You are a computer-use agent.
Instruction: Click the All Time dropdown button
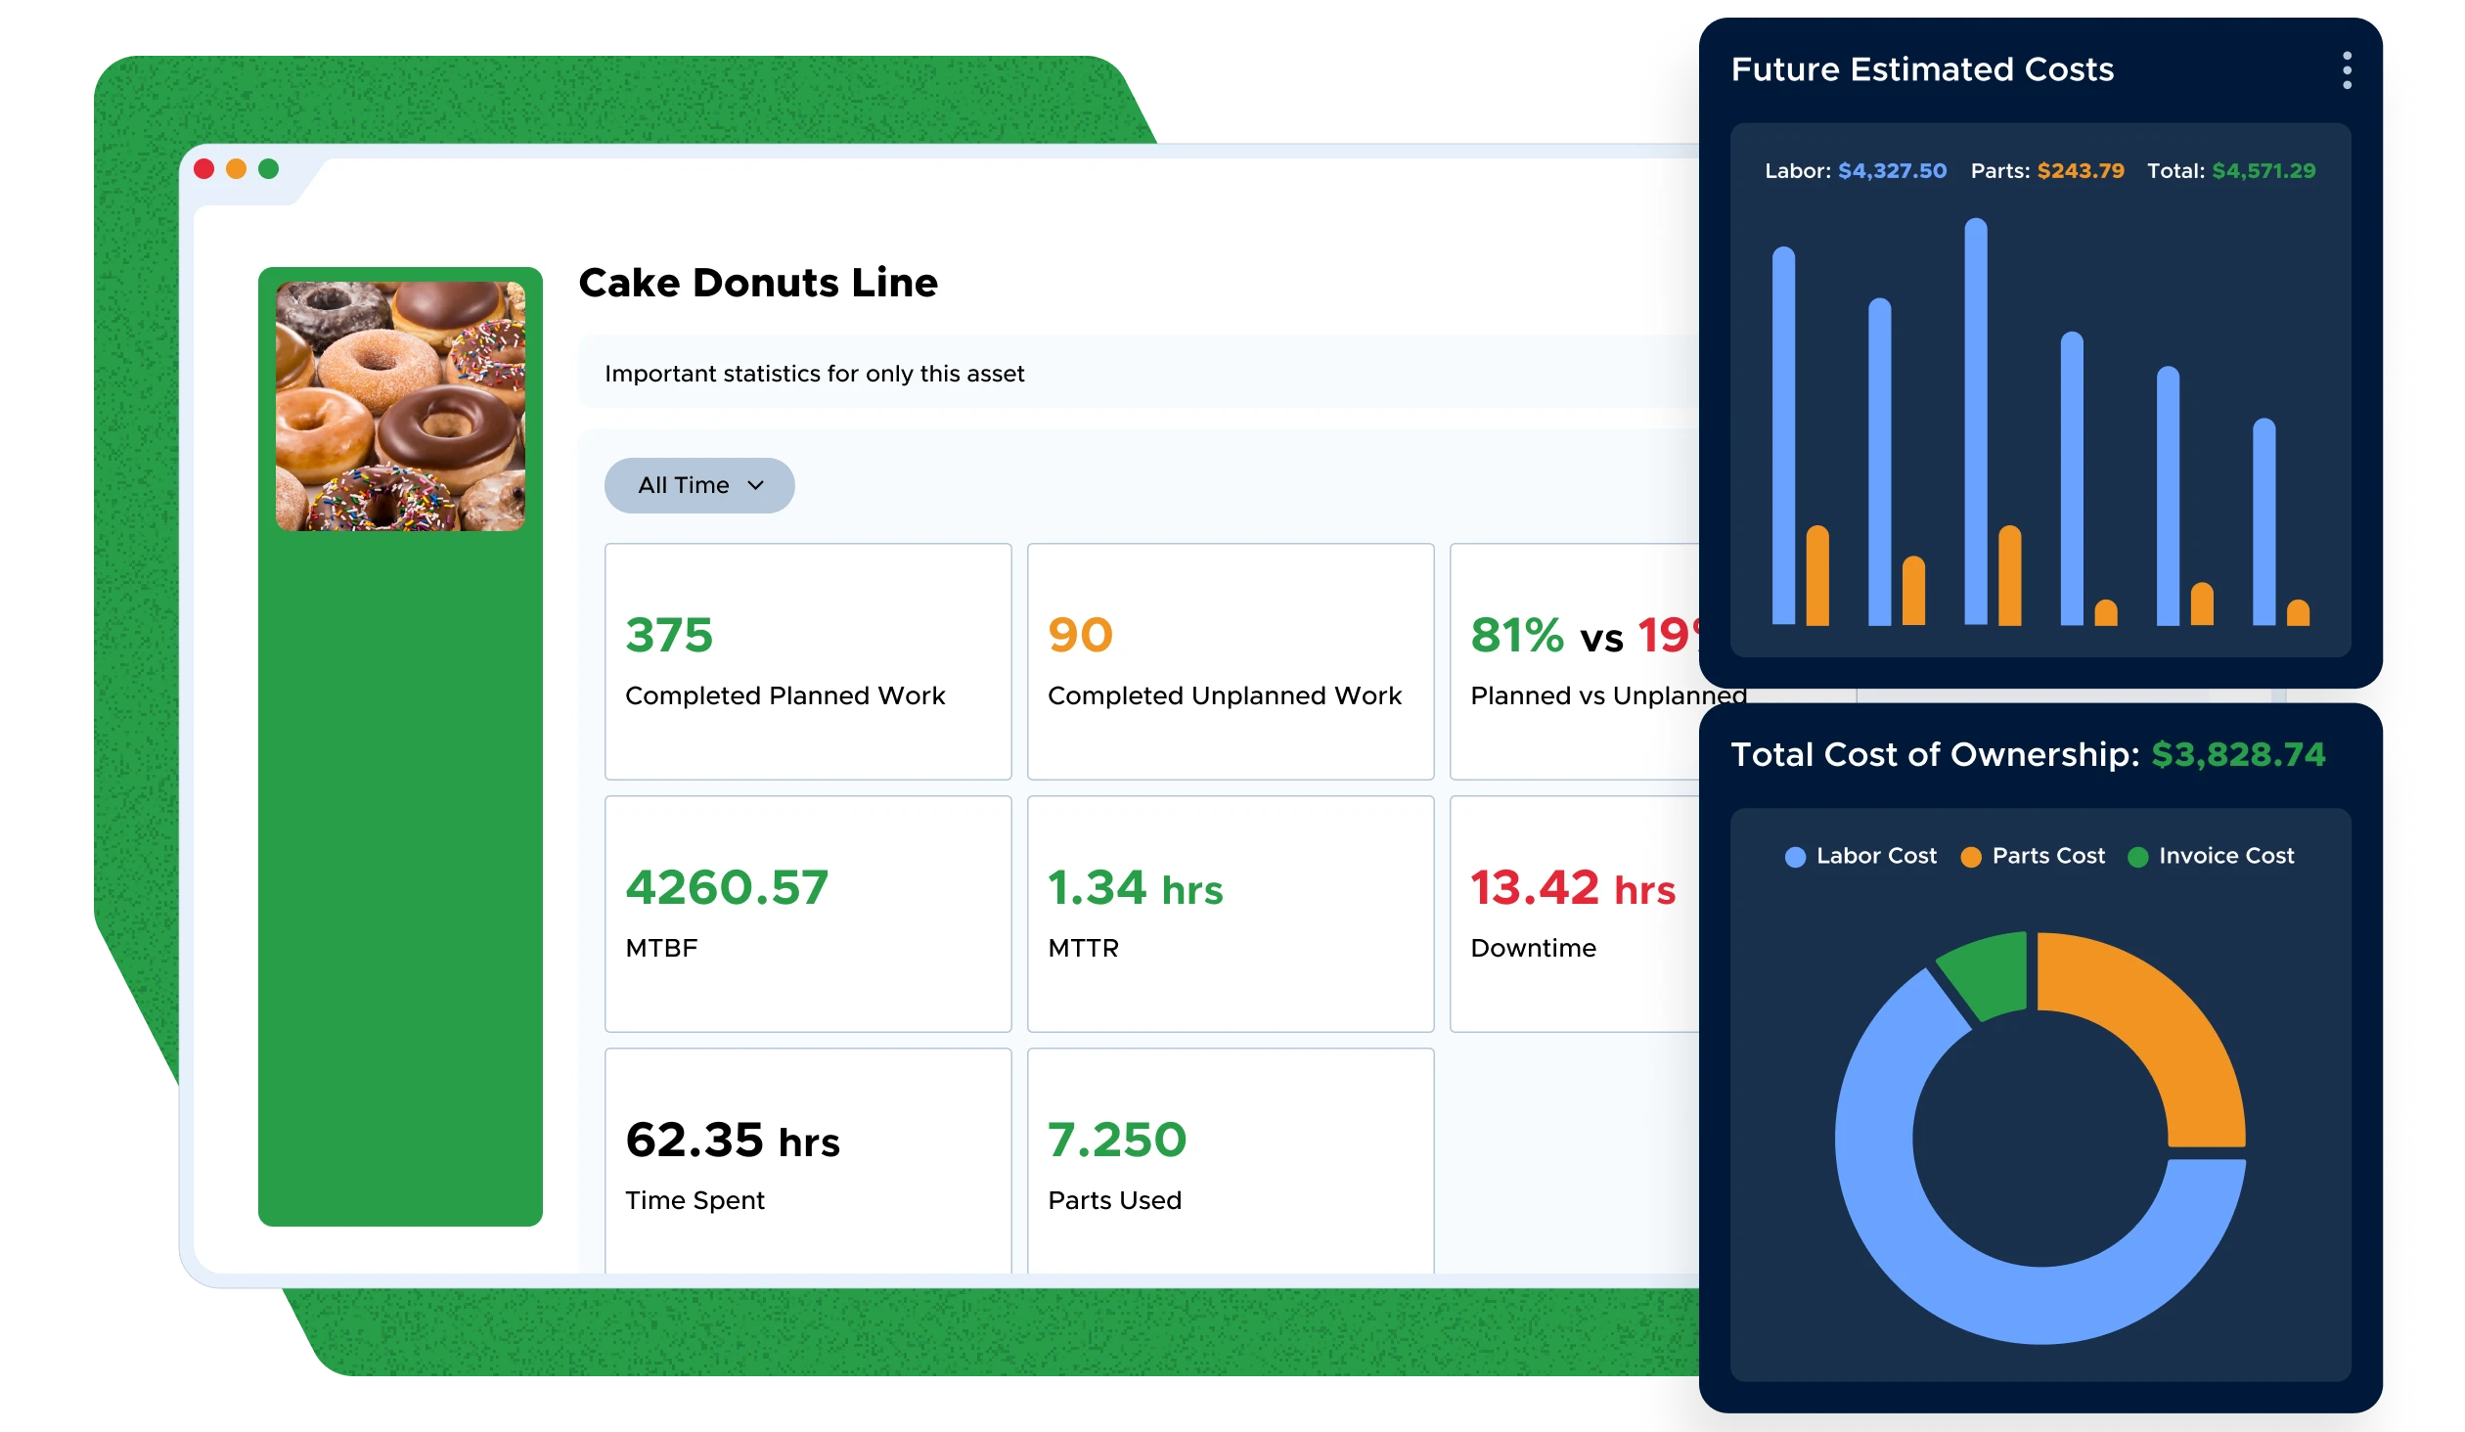(699, 485)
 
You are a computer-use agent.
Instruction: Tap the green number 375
(669, 635)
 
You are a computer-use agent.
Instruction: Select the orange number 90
(1080, 635)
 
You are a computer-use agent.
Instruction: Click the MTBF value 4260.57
(727, 887)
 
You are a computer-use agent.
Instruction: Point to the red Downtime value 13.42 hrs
(1572, 888)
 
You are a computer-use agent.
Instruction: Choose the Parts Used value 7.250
(1116, 1140)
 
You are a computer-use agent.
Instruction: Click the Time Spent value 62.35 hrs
(732, 1141)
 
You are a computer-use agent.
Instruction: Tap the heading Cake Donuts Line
(758, 283)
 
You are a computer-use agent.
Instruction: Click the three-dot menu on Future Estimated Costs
(2347, 70)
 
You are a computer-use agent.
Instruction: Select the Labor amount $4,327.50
(1892, 171)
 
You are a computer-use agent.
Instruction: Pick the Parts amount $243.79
(2081, 171)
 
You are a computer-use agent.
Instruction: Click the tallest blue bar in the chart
(1975, 421)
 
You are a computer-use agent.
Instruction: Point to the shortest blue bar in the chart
(2263, 523)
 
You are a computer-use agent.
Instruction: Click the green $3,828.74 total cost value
(2238, 754)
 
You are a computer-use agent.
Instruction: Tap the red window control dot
(204, 169)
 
